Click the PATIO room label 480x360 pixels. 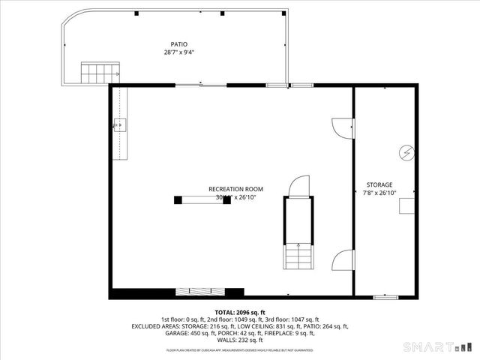click(x=178, y=44)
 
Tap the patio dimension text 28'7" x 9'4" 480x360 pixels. click(x=178, y=52)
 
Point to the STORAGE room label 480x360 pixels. click(x=379, y=184)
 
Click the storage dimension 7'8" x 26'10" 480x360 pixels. click(x=379, y=193)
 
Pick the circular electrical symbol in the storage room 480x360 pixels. click(x=406, y=151)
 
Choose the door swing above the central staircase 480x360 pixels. click(x=298, y=185)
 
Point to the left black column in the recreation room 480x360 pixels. click(x=178, y=199)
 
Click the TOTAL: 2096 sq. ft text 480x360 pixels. click(x=240, y=312)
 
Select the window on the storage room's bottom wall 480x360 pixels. click(x=385, y=297)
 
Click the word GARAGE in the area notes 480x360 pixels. click(x=179, y=333)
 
